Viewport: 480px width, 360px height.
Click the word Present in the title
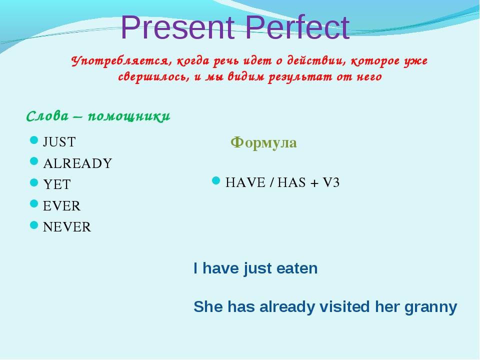tap(178, 27)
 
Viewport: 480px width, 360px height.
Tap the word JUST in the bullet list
tap(59, 142)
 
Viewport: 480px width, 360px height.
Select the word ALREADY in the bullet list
tap(78, 163)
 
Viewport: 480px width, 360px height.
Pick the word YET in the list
tap(57, 184)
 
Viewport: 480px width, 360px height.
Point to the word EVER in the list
tap(62, 206)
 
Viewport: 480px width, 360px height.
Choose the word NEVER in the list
tap(67, 227)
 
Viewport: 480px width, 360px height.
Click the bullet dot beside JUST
tap(34, 140)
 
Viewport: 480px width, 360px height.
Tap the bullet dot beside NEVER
tap(34, 225)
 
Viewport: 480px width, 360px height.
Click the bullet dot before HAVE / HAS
tap(216, 180)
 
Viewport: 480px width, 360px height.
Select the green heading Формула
tap(263, 142)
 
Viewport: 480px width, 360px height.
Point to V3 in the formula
tap(331, 183)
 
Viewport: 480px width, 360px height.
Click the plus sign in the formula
tap(314, 183)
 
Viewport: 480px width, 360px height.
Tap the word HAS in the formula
tap(291, 183)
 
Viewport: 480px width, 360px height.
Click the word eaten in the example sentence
tap(297, 268)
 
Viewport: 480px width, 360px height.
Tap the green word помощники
tap(129, 116)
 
